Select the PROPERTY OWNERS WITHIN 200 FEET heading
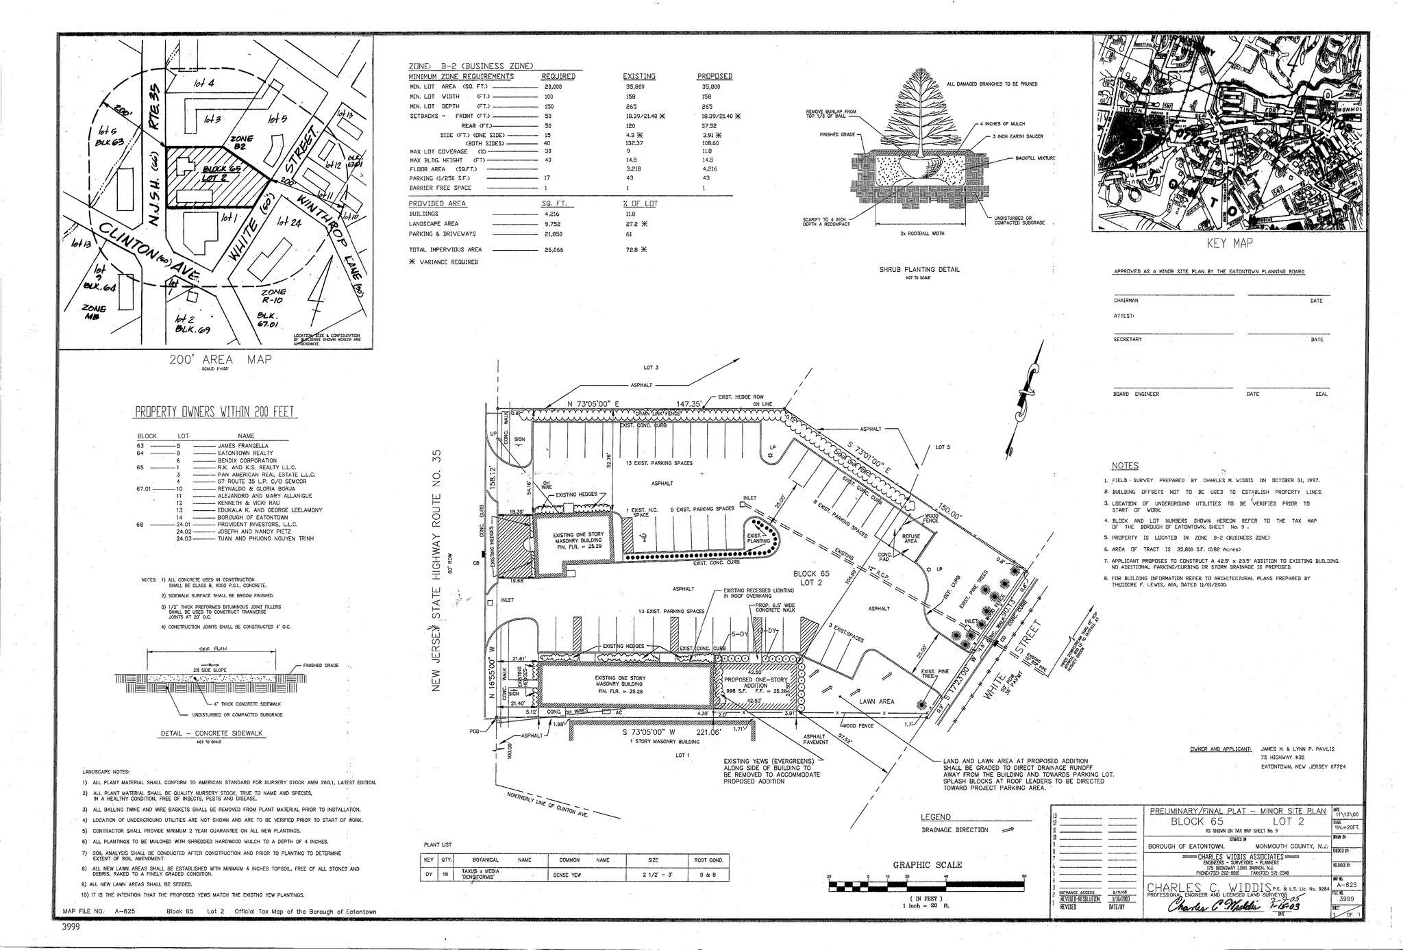(x=215, y=412)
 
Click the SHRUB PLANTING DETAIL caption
(x=919, y=270)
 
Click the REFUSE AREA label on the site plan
(x=911, y=538)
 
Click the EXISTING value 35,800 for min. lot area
(x=635, y=88)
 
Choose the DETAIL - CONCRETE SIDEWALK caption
(x=211, y=734)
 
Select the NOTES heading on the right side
(x=1124, y=465)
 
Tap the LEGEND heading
(x=936, y=817)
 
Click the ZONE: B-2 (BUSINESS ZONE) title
(x=471, y=66)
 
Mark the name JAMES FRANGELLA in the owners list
(x=243, y=446)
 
